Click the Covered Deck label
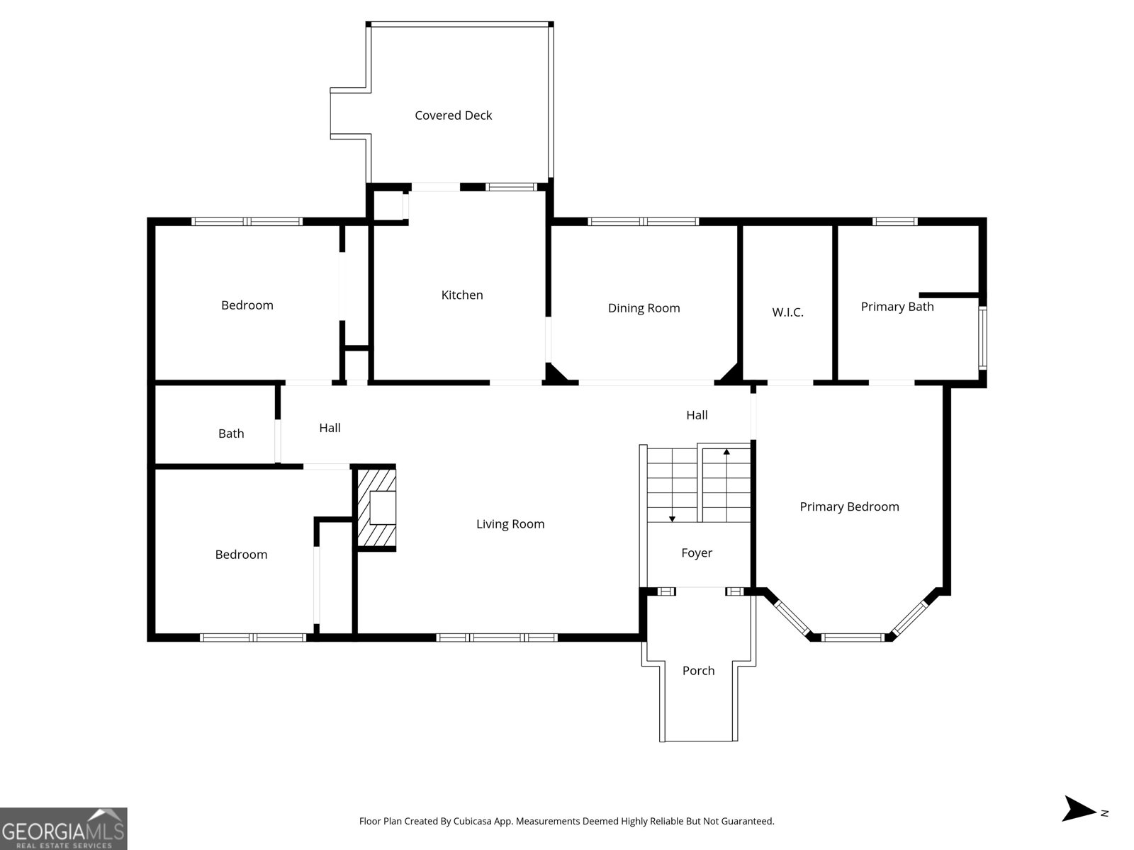point(453,115)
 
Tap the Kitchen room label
point(462,295)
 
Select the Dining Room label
point(644,308)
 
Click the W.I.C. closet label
point(787,312)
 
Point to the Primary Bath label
point(897,307)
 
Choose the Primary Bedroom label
point(849,506)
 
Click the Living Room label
point(510,524)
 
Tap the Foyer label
point(697,553)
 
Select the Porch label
point(698,671)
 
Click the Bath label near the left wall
point(231,433)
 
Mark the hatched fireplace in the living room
point(375,508)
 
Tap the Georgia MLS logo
point(63,829)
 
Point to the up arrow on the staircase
point(726,451)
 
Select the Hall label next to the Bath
point(330,428)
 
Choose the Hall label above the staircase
point(697,415)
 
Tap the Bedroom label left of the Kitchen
point(247,305)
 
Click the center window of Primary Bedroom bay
point(853,637)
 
